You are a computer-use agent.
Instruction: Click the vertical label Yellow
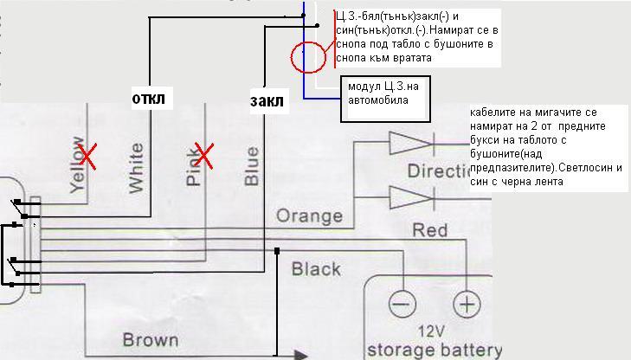tap(76, 164)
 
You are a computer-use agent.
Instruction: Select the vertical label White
tap(136, 168)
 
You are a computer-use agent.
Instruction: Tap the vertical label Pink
tap(193, 165)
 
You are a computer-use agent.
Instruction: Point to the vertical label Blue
tap(251, 165)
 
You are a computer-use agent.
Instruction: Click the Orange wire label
tap(309, 215)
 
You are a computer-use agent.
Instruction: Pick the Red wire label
tap(430, 231)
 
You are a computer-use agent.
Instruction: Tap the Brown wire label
tap(151, 339)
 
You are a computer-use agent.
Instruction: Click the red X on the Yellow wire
tap(87, 157)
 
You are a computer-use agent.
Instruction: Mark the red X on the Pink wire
tap(205, 156)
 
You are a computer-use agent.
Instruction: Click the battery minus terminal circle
tap(400, 305)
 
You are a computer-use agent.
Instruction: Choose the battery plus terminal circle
tap(466, 305)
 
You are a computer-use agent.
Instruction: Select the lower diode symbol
tap(409, 197)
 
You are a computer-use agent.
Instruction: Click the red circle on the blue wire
tap(307, 58)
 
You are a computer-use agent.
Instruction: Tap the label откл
tap(147, 97)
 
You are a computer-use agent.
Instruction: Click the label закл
tap(267, 100)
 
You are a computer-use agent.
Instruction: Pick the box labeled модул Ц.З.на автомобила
tap(385, 93)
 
